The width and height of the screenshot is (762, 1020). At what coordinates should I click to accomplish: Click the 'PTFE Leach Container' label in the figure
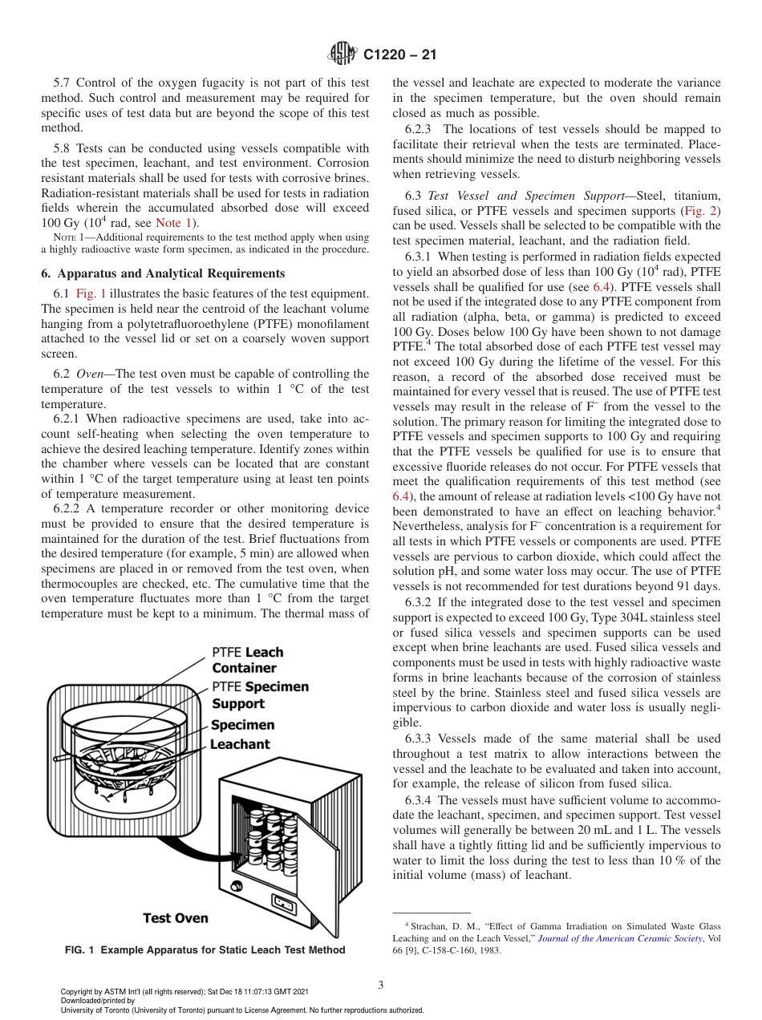[x=247, y=660]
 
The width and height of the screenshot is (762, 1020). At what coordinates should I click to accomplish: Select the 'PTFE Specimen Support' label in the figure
[x=260, y=695]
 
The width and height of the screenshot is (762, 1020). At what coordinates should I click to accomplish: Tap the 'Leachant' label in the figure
[x=240, y=744]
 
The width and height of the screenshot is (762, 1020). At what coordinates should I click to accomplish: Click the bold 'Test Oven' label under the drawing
[x=176, y=918]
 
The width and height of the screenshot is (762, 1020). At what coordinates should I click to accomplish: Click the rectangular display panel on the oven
[x=286, y=903]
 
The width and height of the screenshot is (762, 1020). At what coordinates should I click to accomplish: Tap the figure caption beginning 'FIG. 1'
[x=205, y=950]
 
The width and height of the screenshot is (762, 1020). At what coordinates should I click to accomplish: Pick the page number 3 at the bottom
[x=381, y=985]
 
